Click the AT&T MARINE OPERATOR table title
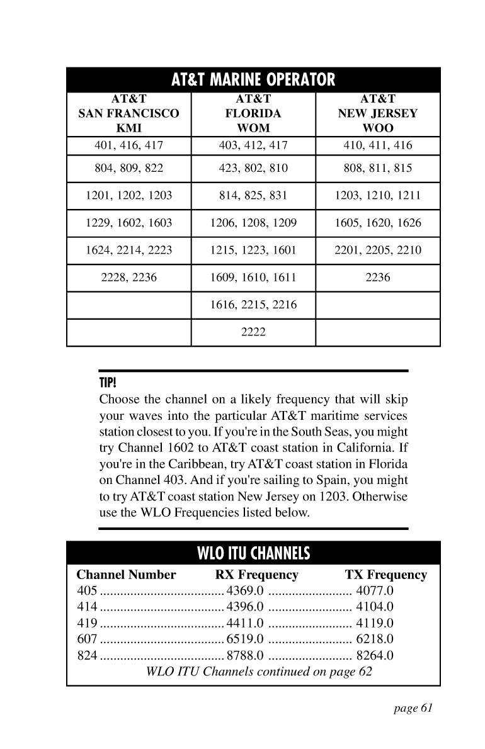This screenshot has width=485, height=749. tap(253, 81)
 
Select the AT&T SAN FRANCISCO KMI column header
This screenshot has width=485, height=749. tap(128, 113)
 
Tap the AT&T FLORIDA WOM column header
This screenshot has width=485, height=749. tap(253, 113)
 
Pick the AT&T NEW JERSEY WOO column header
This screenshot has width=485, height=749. tap(378, 113)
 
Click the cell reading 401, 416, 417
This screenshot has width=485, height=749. tap(128, 146)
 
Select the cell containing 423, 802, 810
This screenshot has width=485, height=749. tap(253, 168)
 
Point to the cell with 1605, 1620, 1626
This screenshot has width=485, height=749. tap(378, 223)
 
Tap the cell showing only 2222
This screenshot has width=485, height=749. tap(253, 333)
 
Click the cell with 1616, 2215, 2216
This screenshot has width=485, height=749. tap(253, 305)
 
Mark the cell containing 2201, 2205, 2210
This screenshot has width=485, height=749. tap(378, 251)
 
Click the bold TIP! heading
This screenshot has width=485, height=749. tap(108, 383)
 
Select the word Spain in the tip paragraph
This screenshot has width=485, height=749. tap(326, 481)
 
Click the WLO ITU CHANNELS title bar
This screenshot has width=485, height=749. tap(253, 554)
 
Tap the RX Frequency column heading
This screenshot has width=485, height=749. tap(257, 575)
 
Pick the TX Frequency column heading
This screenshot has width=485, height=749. tap(386, 575)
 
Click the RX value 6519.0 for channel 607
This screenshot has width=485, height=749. tap(244, 640)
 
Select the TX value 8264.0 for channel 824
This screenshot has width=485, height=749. tap(375, 656)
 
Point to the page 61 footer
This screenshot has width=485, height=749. tap(413, 709)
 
